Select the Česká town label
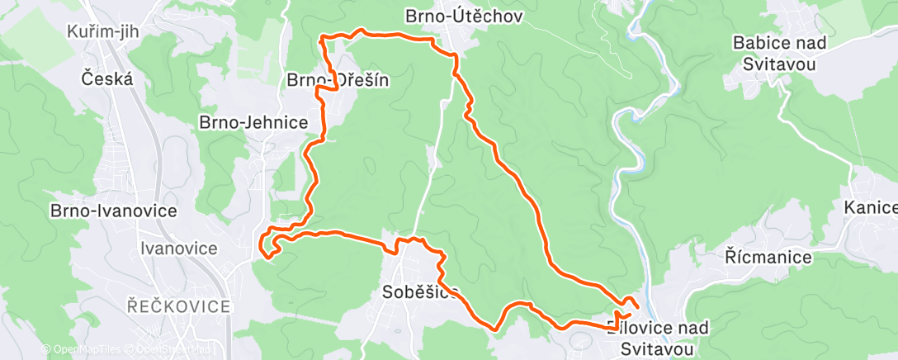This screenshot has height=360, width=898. [107, 79]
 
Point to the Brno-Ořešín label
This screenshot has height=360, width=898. [337, 80]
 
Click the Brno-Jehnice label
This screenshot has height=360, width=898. [253, 122]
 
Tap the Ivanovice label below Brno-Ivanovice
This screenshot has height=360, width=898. [179, 248]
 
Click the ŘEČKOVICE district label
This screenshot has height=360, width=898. [179, 306]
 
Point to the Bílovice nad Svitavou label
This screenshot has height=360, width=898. [657, 338]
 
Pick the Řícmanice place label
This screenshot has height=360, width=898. [768, 258]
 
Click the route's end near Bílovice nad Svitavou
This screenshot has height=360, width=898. [638, 308]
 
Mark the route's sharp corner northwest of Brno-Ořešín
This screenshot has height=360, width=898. [321, 37]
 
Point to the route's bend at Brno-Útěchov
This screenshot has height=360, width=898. [455, 55]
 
